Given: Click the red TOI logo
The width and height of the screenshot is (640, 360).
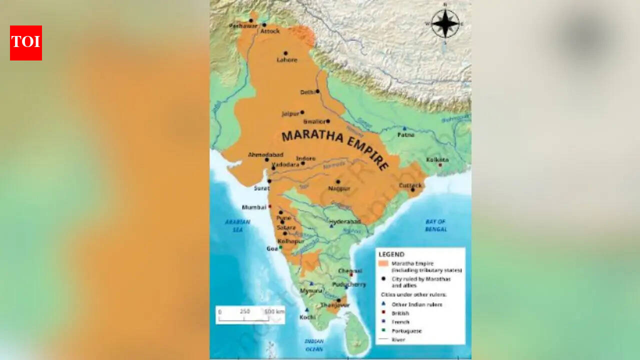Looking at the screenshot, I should click(26, 43).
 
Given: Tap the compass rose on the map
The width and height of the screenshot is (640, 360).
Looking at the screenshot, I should click(444, 23).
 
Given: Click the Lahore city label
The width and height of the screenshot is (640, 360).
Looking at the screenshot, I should click(287, 60).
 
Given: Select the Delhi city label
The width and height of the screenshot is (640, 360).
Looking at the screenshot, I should click(307, 92).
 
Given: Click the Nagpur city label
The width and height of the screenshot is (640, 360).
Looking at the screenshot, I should click(339, 188).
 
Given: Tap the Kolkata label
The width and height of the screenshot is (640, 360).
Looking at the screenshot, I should click(437, 159).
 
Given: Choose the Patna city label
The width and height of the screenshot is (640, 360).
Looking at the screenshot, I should click(405, 134).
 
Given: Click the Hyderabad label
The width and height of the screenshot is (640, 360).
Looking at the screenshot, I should click(344, 221).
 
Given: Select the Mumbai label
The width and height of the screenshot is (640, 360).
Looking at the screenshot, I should click(254, 206).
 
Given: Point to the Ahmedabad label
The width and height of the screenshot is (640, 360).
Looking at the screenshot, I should click(265, 154).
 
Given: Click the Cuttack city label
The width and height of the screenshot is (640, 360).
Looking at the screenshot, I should click(410, 185).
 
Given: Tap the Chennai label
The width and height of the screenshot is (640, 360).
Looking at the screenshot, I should click(350, 270).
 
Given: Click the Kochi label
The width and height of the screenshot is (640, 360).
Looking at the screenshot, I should click(307, 317).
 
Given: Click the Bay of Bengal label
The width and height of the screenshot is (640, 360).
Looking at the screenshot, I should click(436, 225).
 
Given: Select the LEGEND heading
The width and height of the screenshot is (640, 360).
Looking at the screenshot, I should click(391, 254).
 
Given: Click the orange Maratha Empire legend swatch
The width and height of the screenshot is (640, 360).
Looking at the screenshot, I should click(383, 263).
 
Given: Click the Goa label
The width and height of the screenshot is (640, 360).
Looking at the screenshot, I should click(272, 248).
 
